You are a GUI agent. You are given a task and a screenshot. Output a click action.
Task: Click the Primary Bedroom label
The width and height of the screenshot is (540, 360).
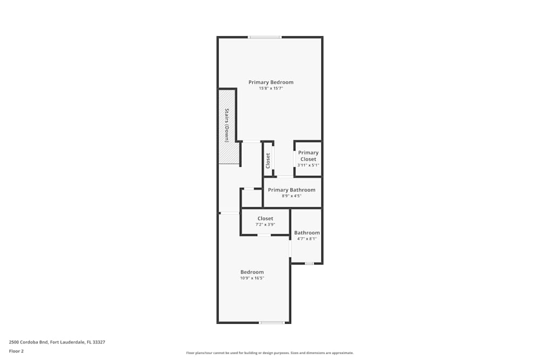point(271,82)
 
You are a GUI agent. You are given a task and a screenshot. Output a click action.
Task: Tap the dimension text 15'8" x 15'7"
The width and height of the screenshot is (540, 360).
point(271,88)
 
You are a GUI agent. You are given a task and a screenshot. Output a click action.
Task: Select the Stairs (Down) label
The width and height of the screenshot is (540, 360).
point(227,125)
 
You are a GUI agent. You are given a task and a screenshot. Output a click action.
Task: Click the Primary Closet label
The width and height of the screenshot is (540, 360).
point(308,156)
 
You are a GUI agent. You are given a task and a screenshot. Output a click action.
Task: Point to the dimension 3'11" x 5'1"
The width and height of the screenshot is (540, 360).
point(308,165)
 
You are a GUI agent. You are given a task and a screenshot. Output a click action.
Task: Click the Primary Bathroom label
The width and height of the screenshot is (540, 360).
point(292,190)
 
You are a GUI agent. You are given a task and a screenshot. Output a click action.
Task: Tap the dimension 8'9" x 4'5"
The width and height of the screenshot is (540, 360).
point(292,196)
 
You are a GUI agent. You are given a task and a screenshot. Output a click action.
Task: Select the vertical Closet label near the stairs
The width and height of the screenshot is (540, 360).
point(268,160)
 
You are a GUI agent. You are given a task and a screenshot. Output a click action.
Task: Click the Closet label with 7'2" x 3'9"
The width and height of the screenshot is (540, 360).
point(265,219)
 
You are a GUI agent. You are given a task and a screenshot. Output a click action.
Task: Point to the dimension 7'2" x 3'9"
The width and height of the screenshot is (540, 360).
point(265,225)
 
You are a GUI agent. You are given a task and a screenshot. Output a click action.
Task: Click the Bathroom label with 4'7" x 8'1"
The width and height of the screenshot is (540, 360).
point(307,233)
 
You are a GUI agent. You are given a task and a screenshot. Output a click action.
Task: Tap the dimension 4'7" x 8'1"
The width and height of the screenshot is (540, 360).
point(307,239)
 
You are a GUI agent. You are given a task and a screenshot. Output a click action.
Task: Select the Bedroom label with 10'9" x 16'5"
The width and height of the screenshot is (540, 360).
point(252,272)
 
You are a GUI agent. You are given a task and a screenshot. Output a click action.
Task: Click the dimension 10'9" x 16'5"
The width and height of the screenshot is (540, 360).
point(252,278)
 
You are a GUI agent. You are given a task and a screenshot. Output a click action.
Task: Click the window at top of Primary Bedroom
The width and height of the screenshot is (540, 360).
point(265,37)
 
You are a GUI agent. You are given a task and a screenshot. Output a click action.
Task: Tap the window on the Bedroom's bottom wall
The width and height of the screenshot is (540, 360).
point(272,323)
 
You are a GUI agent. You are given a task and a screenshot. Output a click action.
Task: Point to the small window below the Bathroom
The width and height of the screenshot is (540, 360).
point(309,263)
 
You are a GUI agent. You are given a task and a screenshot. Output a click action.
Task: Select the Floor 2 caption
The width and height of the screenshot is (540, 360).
point(16,351)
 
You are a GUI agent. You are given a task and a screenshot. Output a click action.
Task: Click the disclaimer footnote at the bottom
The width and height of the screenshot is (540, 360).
point(270,353)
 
